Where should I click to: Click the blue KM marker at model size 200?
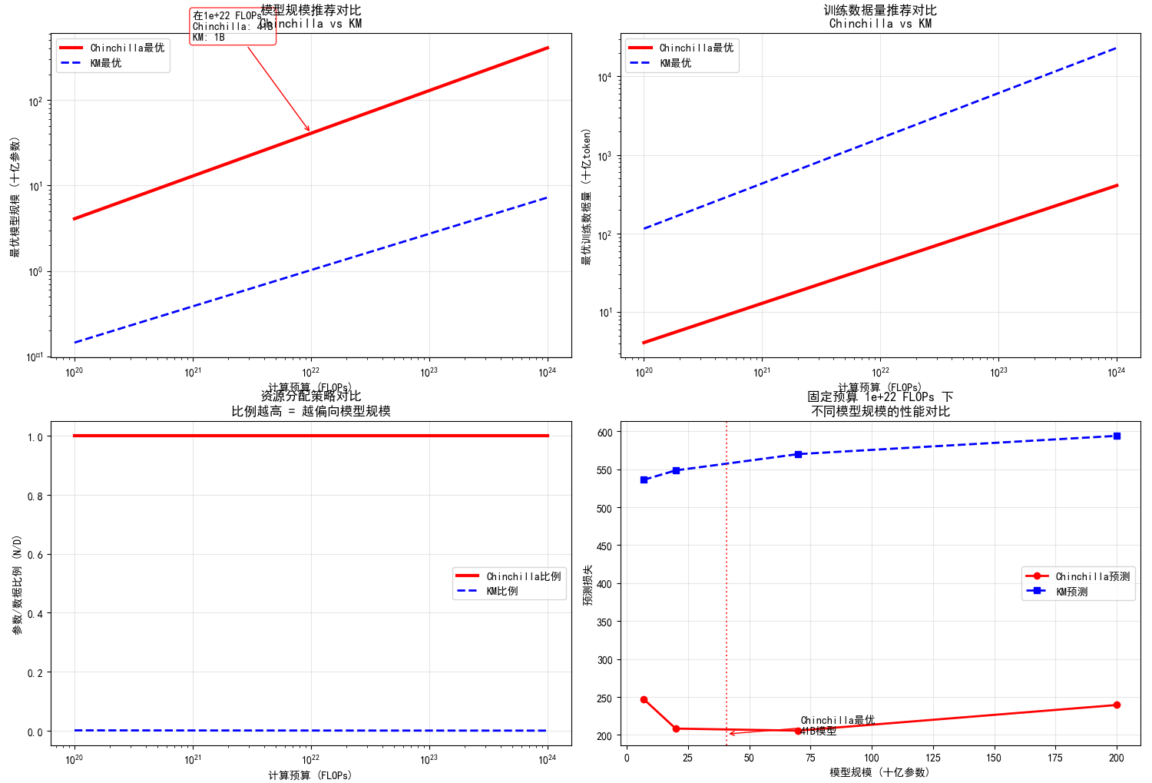point(1117,436)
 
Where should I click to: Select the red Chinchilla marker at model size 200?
point(1117,705)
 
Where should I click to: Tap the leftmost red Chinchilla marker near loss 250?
point(644,699)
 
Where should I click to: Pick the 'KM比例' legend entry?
point(502,591)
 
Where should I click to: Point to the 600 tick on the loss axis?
point(604,433)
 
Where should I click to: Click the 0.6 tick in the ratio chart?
point(35,555)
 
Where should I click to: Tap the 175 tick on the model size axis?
point(1055,758)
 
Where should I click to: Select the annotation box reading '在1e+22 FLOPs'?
point(232,26)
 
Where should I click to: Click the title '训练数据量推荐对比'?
point(880,10)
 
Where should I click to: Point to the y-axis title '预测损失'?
point(588,585)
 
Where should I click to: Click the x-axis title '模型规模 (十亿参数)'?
point(880,772)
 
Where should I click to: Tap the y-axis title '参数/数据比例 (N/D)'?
point(17,585)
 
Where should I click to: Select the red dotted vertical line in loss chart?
point(727,576)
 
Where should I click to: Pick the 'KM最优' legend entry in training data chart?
point(675,63)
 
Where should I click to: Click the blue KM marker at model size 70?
point(798,454)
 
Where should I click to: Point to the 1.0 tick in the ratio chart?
point(35,436)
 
